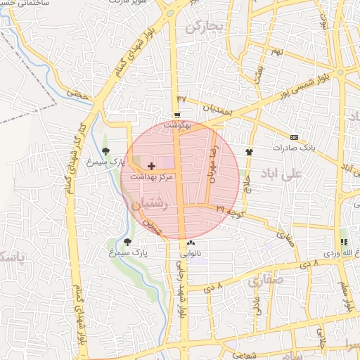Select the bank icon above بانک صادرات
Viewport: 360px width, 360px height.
(294, 136)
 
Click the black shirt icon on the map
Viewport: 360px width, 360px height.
(249, 150)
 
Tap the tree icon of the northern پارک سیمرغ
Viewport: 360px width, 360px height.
(105, 150)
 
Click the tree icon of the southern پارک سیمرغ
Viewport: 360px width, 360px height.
(127, 241)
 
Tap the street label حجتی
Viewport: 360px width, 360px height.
(75, 91)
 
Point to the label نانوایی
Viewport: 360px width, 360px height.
(190, 252)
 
